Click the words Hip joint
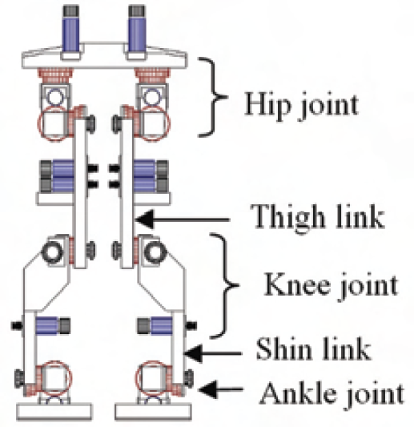pos(301,106)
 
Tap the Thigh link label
pos(317,217)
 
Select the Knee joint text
pos(331,286)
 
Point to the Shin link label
pos(314,349)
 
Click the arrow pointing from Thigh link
pos(183,219)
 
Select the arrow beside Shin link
pos(213,353)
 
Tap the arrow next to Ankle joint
pos(220,389)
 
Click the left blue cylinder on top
pos(71,34)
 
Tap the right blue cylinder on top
pos(137,34)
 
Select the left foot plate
pos(54,413)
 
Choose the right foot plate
pos(153,413)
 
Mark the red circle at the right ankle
pos(136,378)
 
